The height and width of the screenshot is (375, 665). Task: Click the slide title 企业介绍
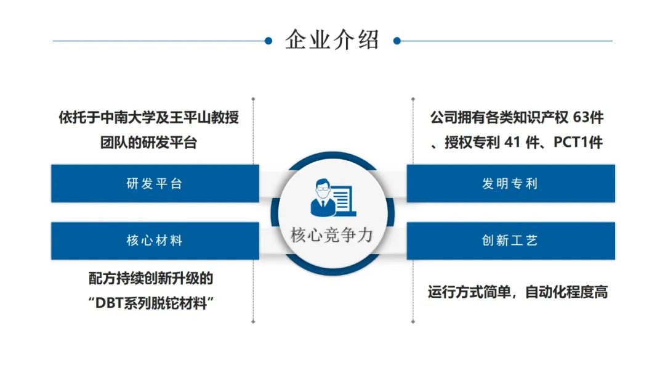click(x=332, y=40)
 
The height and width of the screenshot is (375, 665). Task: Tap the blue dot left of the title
click(x=268, y=41)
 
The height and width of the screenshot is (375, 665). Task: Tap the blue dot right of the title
click(x=397, y=41)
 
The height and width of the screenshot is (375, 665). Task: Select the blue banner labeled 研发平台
click(x=155, y=183)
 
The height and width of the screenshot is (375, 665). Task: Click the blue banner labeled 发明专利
click(x=510, y=183)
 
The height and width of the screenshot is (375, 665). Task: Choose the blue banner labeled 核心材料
click(x=155, y=241)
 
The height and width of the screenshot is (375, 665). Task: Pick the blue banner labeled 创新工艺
click(x=510, y=241)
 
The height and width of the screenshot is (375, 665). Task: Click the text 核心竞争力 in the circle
click(x=332, y=235)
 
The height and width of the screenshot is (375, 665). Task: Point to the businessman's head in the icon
click(x=323, y=188)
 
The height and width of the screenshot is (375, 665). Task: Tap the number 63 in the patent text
click(x=581, y=118)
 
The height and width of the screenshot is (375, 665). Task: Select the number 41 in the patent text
click(x=512, y=142)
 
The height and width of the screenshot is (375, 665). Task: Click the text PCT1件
click(x=578, y=142)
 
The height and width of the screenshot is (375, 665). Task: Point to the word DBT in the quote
click(x=109, y=303)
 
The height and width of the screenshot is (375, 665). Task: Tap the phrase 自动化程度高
click(x=566, y=292)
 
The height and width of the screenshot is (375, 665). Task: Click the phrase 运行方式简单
click(x=469, y=292)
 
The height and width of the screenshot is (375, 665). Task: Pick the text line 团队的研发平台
click(x=149, y=142)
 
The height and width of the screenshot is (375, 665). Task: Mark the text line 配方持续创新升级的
click(x=151, y=279)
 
